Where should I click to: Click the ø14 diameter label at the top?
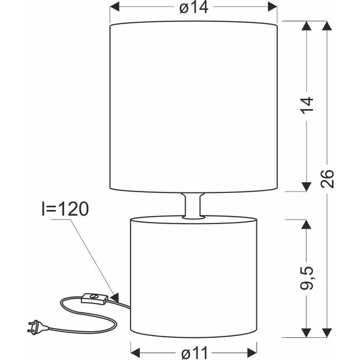[x=194, y=7]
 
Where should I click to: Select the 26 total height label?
[x=327, y=179]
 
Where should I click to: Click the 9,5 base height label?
[x=307, y=278]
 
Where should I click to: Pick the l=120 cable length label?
[x=65, y=209]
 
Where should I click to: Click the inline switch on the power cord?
[x=95, y=299]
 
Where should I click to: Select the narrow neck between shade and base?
[x=193, y=206]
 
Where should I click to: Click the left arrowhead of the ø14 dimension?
[x=115, y=7]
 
